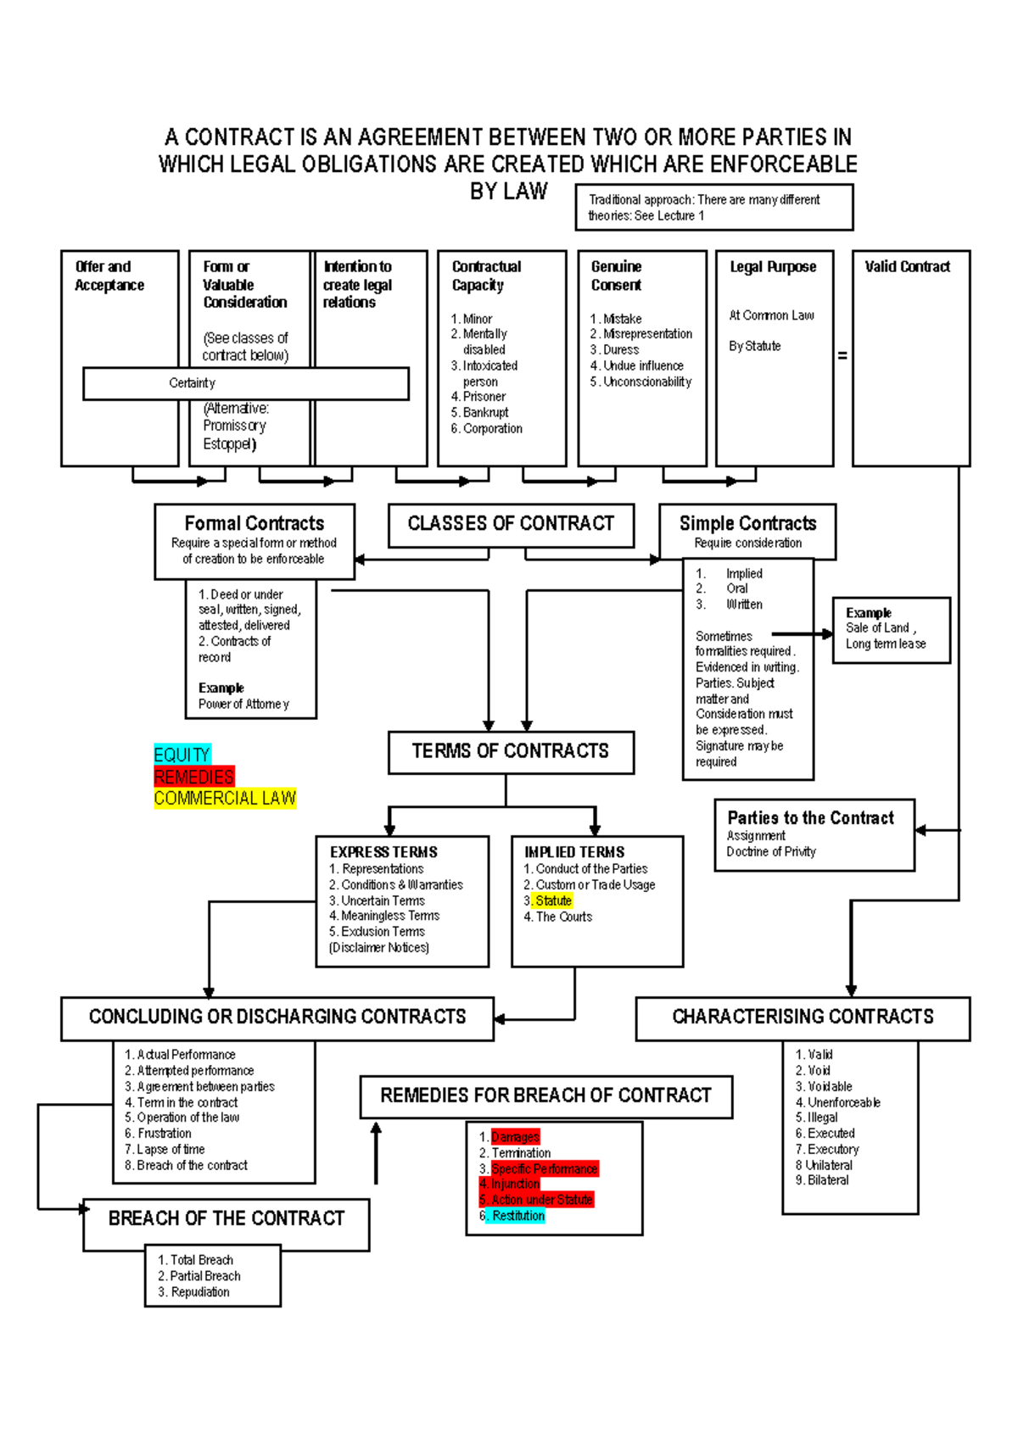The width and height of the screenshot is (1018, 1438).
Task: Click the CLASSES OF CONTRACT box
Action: point(511,524)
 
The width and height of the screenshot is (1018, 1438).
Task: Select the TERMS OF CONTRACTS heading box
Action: point(511,751)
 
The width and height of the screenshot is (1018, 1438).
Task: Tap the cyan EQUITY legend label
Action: point(182,755)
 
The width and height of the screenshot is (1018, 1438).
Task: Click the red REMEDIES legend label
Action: point(193,777)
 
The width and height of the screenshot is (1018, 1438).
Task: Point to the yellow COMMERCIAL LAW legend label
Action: point(225,798)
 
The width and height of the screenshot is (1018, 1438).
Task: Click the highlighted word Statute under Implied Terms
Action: point(553,900)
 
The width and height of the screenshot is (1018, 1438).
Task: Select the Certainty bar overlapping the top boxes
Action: point(246,383)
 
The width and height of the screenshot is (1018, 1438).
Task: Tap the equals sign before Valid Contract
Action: point(842,356)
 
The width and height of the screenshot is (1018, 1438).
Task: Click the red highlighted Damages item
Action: point(515,1137)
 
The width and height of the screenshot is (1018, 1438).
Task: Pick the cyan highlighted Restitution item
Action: point(518,1216)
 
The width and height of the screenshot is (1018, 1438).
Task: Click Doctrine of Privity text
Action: point(771,851)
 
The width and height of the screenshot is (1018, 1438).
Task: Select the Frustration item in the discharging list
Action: point(164,1134)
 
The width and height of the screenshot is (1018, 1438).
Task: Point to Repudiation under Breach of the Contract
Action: point(200,1292)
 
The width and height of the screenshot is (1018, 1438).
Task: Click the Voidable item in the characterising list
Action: point(830,1086)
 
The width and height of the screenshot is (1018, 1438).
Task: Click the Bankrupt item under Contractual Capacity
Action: point(485,412)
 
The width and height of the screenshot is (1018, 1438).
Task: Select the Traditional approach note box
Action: point(713,208)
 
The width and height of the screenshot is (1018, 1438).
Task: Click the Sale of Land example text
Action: point(877,627)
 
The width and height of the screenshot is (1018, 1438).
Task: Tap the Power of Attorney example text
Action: point(243,704)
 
